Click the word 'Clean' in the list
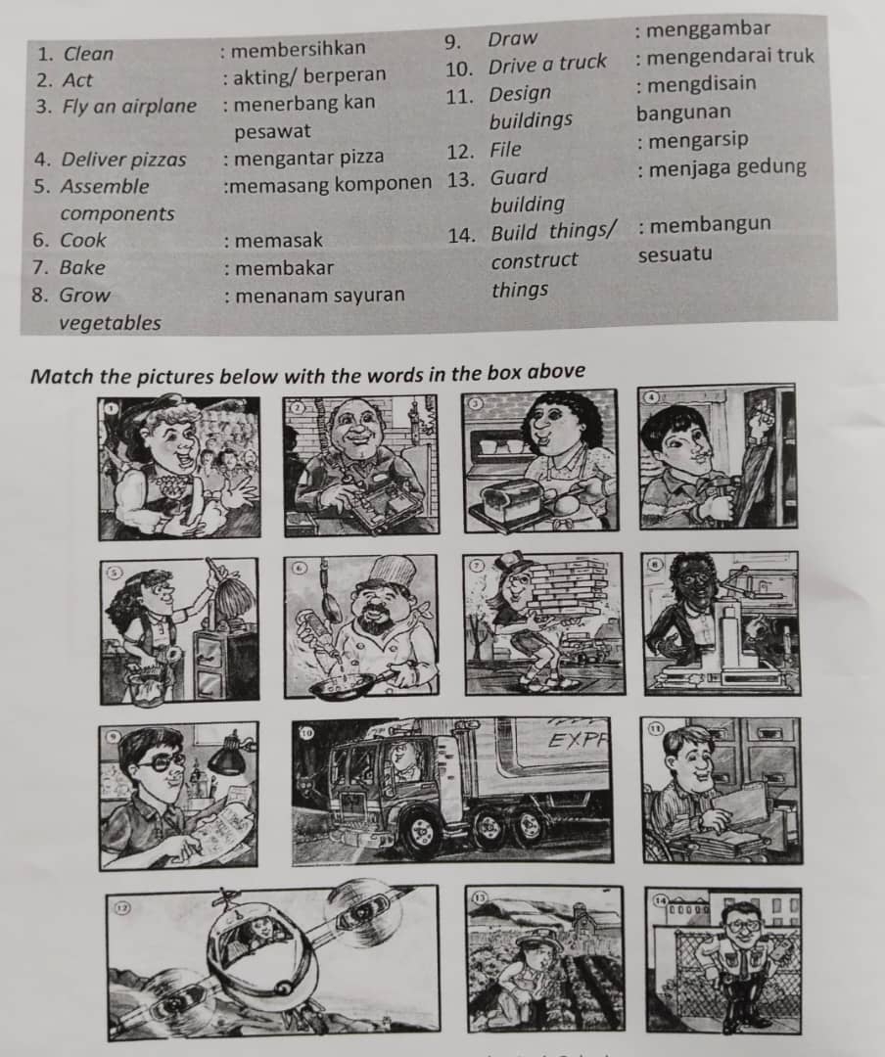click(88, 54)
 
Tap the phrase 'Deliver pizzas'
click(123, 159)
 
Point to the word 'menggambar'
click(709, 28)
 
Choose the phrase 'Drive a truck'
click(547, 65)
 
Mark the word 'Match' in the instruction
click(62, 373)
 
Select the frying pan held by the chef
click(339, 685)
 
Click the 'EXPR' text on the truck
click(577, 739)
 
